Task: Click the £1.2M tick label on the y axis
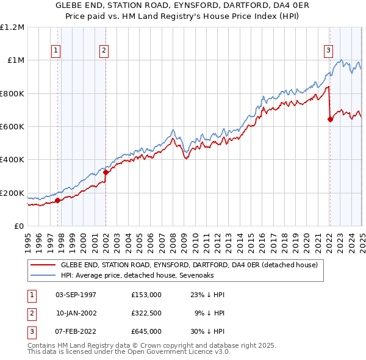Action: pyautogui.click(x=12, y=27)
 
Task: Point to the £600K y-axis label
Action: pyautogui.click(x=12, y=127)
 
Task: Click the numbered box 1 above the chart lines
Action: pyautogui.click(x=56, y=51)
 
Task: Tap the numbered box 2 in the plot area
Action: pyautogui.click(x=104, y=51)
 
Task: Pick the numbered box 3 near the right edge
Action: pyautogui.click(x=328, y=51)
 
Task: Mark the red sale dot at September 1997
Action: pyautogui.click(x=57, y=200)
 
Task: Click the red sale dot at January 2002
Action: pyautogui.click(x=106, y=172)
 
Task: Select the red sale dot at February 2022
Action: pyautogui.click(x=330, y=119)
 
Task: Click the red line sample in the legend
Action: pyautogui.click(x=43, y=265)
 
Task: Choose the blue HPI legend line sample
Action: pyautogui.click(x=43, y=276)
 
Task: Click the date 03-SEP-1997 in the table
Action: pyautogui.click(x=76, y=295)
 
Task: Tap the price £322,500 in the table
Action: pyautogui.click(x=146, y=313)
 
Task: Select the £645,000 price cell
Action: pyautogui.click(x=146, y=331)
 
